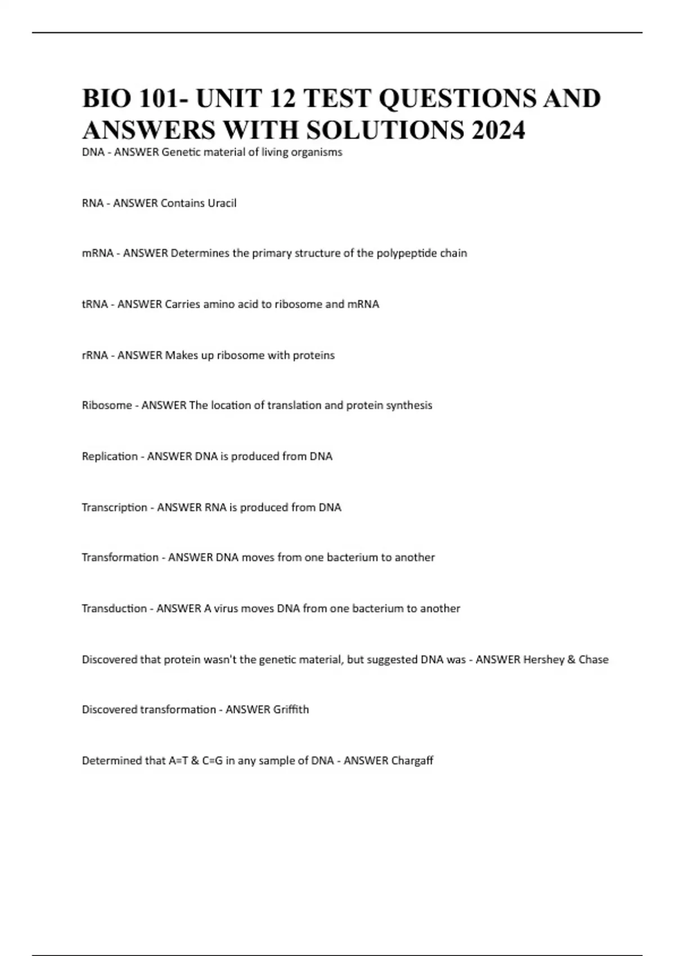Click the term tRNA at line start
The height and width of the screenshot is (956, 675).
point(94,304)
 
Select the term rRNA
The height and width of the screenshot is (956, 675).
point(94,355)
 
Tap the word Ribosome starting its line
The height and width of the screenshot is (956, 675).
point(106,405)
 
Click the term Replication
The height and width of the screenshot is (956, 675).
point(110,456)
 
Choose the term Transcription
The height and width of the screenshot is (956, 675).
point(114,507)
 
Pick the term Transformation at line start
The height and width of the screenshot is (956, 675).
point(120,557)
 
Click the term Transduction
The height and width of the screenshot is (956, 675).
point(114,608)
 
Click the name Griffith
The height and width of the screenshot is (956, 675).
point(290,710)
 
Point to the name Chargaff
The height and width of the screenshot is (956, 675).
point(412,761)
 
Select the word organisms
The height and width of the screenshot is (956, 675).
point(317,152)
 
